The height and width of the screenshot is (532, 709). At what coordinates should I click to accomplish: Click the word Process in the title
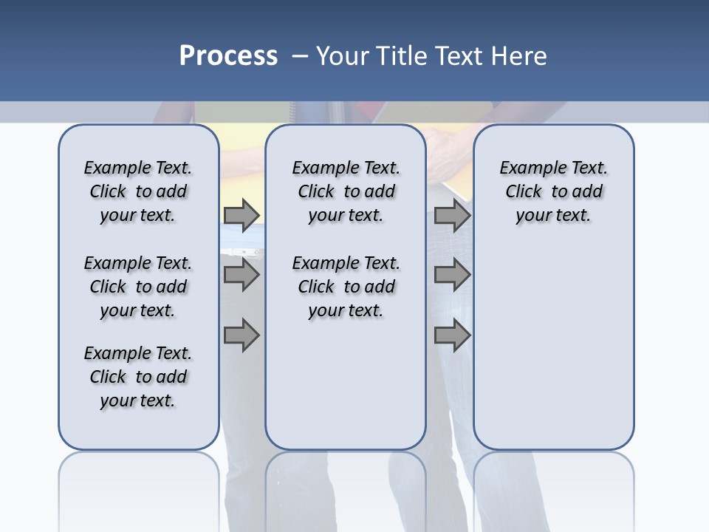pos(228,56)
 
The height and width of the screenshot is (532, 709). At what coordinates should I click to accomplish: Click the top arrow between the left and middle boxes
pos(242,215)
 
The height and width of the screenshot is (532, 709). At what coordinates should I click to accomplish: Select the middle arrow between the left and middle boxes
pos(242,275)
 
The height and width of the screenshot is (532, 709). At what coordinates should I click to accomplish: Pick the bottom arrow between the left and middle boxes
pos(242,335)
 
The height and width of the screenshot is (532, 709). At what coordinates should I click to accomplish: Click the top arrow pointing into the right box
pos(452,215)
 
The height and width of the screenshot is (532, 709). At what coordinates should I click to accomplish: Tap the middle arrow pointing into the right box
pos(452,275)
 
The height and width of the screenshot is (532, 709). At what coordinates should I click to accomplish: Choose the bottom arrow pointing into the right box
pos(452,335)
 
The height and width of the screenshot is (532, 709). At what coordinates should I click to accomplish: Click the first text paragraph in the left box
pos(138,191)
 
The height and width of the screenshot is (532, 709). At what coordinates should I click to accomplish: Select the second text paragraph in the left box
pos(138,287)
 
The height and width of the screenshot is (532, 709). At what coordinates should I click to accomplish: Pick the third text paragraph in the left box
pos(138,377)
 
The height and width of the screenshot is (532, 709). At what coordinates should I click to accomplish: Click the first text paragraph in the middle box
pos(346,191)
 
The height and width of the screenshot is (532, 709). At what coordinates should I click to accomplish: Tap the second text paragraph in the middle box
pos(346,287)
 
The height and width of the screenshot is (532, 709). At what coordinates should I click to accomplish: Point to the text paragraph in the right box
pos(553,191)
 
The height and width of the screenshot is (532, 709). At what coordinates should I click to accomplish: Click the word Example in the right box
pos(527,168)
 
